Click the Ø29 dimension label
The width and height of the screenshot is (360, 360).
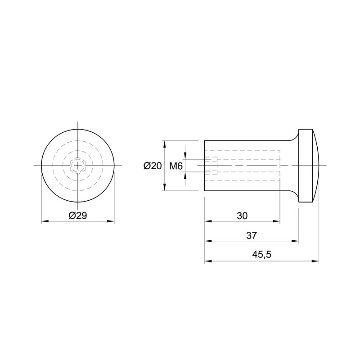[x=78, y=216]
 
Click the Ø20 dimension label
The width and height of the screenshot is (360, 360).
[x=153, y=166]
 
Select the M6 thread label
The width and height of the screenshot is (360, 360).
[x=176, y=166]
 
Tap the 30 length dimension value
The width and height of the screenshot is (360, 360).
[x=242, y=216]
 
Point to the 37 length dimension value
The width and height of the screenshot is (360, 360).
[x=252, y=235]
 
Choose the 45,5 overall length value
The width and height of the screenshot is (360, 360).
[x=261, y=254]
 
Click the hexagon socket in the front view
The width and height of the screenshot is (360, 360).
[x=78, y=166]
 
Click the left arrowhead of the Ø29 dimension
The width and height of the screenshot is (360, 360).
[x=45, y=221]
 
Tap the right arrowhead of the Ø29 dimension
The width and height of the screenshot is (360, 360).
[x=111, y=221]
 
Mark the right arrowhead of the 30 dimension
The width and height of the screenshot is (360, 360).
[x=277, y=221]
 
